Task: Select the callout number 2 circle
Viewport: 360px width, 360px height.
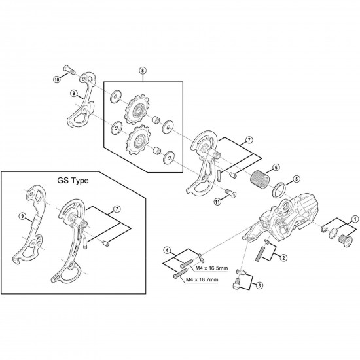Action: point(283,258)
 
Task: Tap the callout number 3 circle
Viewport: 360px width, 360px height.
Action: point(260,285)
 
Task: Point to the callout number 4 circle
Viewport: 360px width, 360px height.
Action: point(167,250)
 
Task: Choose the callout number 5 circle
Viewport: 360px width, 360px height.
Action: point(296,178)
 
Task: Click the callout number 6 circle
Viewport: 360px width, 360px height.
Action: point(276,168)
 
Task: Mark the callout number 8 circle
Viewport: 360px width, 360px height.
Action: point(142,71)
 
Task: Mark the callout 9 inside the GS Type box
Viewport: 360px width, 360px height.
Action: point(22,213)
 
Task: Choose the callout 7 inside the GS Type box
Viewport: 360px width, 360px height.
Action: point(117,209)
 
